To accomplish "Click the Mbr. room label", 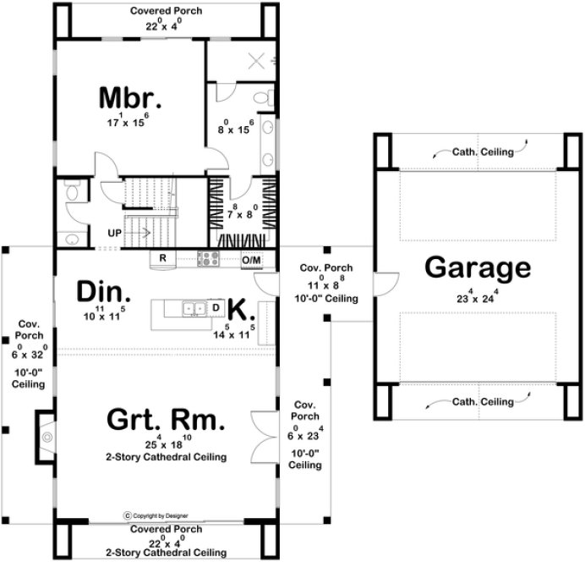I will tap(129, 97).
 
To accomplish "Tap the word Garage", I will tap(478, 268).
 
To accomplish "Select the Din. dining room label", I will tap(104, 293).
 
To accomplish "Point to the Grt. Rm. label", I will tap(166, 419).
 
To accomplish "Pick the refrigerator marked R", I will tap(162, 258).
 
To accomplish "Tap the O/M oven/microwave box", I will tap(251, 259).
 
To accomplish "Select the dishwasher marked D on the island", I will tap(216, 307).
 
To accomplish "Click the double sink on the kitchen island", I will tap(195, 308).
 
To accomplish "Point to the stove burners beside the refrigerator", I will tap(208, 258).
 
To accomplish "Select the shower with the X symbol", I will tap(258, 60).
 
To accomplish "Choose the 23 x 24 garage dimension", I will tap(478, 297).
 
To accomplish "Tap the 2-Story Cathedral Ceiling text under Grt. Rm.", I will tap(166, 458).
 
